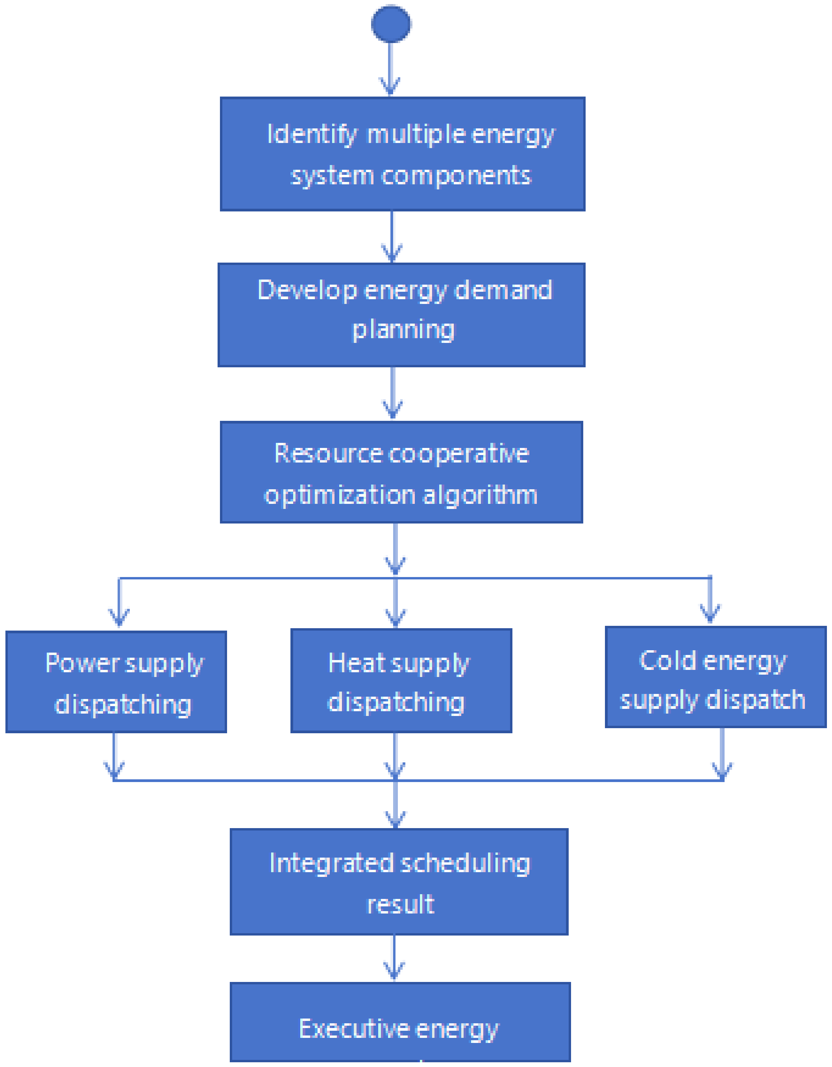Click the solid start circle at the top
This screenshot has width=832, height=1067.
pyautogui.click(x=391, y=23)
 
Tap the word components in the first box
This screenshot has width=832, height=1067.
pyautogui.click(x=456, y=176)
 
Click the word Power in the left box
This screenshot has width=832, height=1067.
pyautogui.click(x=82, y=663)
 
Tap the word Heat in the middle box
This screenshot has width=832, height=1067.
pyautogui.click(x=356, y=663)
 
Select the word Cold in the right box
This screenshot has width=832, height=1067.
pyautogui.click(x=667, y=660)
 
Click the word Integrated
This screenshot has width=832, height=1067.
pyautogui.click(x=331, y=863)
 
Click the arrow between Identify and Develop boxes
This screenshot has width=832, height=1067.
pyautogui.click(x=392, y=237)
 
